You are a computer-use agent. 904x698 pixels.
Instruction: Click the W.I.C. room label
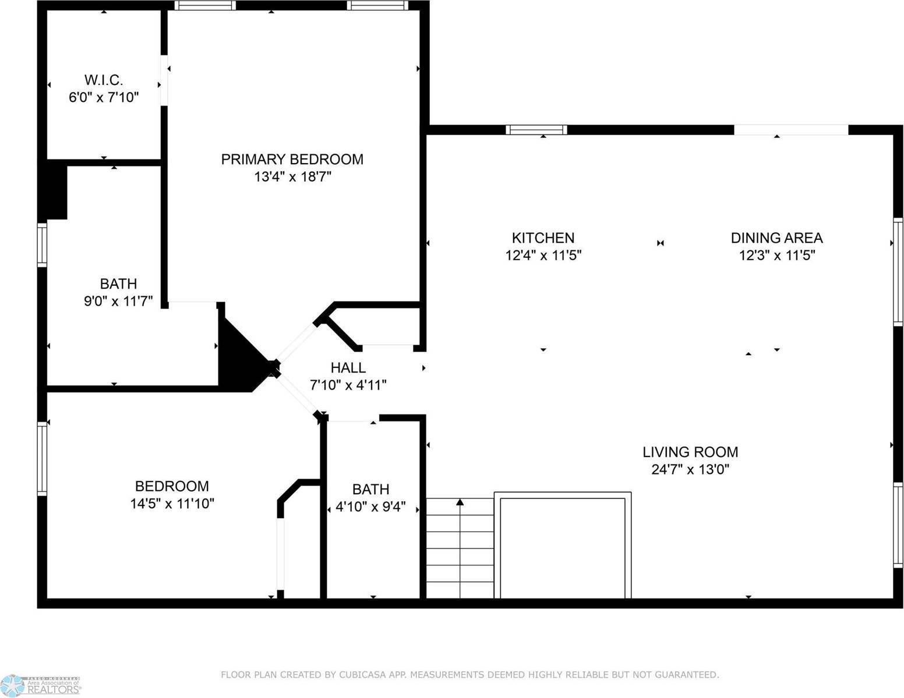(104, 80)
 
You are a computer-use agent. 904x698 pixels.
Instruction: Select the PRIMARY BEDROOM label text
(292, 159)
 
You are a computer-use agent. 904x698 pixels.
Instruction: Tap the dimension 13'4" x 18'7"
(292, 176)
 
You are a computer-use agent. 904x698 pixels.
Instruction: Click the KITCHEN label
(543, 238)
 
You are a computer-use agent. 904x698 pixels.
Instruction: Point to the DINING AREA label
(776, 238)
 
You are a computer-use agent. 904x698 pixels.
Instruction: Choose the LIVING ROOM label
(690, 452)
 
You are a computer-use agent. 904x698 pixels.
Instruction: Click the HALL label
(348, 367)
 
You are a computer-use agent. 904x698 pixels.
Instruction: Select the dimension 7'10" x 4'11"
(348, 385)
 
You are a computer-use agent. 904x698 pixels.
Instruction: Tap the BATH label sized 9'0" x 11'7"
(118, 284)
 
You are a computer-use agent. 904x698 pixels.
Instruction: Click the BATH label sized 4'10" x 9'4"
(370, 489)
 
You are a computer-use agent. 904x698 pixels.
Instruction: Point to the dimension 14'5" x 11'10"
(172, 504)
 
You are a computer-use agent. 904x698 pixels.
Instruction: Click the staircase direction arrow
(460, 502)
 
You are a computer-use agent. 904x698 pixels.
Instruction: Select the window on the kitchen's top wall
(536, 130)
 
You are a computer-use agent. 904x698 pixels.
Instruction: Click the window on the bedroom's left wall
(42, 458)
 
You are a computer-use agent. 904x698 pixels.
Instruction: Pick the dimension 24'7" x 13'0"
(690, 469)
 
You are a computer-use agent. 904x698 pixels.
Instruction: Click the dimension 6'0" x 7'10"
(104, 97)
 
